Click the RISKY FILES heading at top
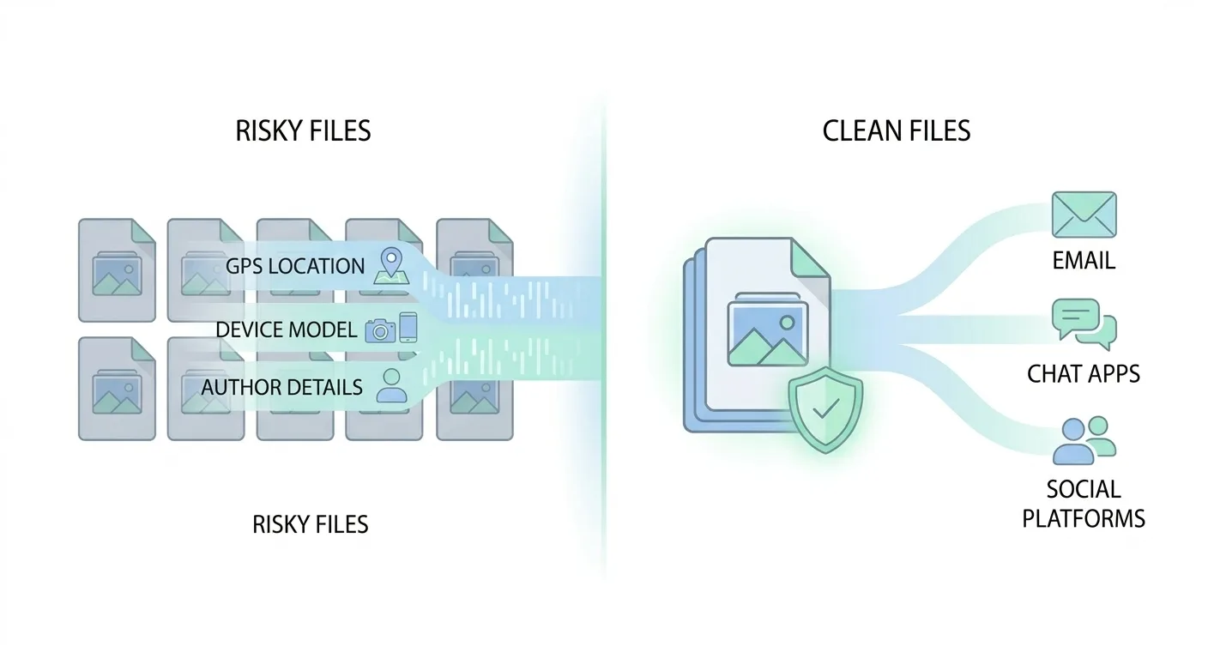point(303,130)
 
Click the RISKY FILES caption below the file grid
point(311,523)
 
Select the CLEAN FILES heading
point(897,130)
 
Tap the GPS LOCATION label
point(295,266)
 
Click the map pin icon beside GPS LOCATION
point(390,265)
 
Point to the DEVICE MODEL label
point(286,329)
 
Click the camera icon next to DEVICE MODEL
point(380,331)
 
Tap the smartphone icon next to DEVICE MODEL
point(408,328)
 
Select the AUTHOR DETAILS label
point(281,388)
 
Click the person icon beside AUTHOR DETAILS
point(392,386)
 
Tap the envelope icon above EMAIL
point(1084,215)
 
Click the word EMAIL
point(1084,261)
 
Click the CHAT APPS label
point(1084,374)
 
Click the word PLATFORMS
point(1084,518)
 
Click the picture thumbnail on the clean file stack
point(765,330)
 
